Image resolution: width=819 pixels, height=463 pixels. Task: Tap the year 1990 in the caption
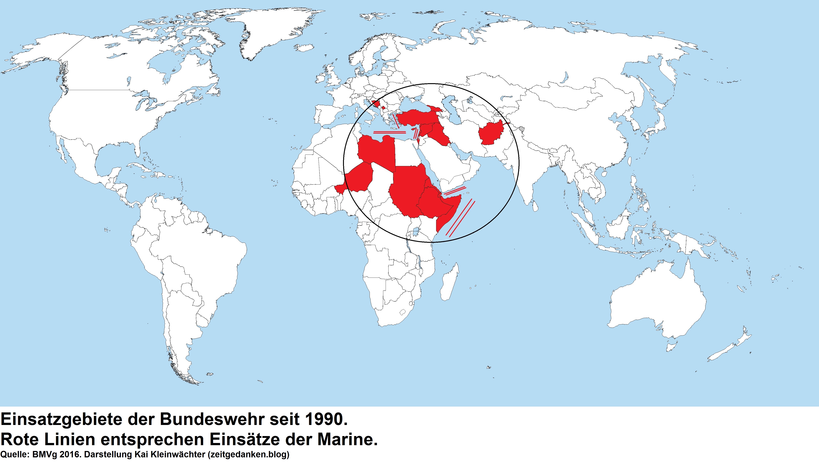(325, 420)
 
